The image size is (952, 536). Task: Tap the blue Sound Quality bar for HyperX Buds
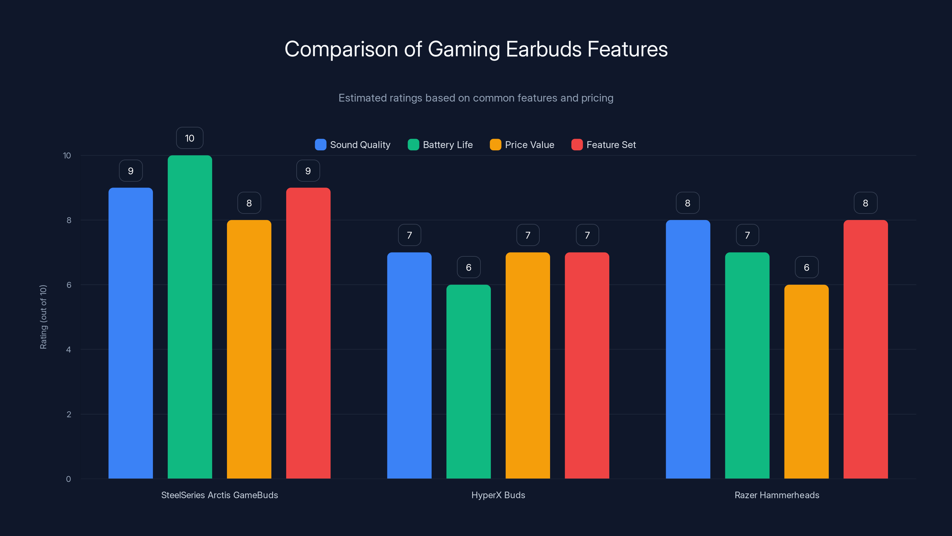click(x=409, y=365)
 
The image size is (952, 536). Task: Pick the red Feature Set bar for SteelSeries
click(x=308, y=333)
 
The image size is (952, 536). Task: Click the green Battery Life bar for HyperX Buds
click(x=468, y=381)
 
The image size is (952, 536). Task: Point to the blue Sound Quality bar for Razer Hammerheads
click(x=688, y=349)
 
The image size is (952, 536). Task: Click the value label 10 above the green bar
click(x=190, y=138)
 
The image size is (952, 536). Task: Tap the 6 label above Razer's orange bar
click(x=807, y=267)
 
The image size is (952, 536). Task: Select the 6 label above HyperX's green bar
click(x=469, y=267)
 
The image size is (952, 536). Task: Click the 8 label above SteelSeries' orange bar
click(x=249, y=203)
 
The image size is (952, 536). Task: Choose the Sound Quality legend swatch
click(x=320, y=145)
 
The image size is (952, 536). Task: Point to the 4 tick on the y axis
click(x=68, y=350)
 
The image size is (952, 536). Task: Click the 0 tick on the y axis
click(x=68, y=479)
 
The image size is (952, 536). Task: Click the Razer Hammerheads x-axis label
click(x=776, y=495)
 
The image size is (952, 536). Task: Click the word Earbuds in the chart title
click(x=543, y=49)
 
